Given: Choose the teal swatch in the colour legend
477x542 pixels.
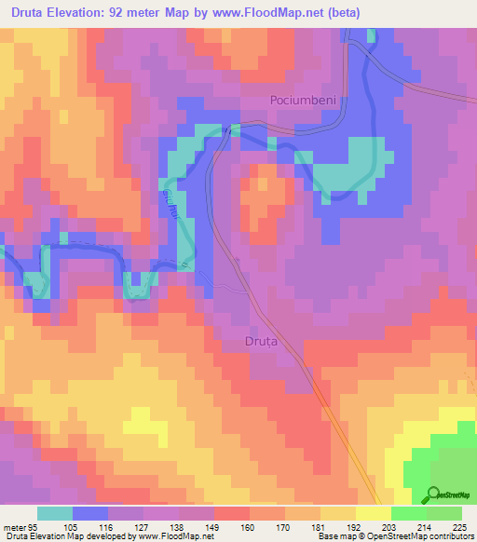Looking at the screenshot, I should pyautogui.click(x=55, y=512).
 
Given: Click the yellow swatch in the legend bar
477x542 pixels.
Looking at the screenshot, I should pyautogui.click(x=374, y=512).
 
